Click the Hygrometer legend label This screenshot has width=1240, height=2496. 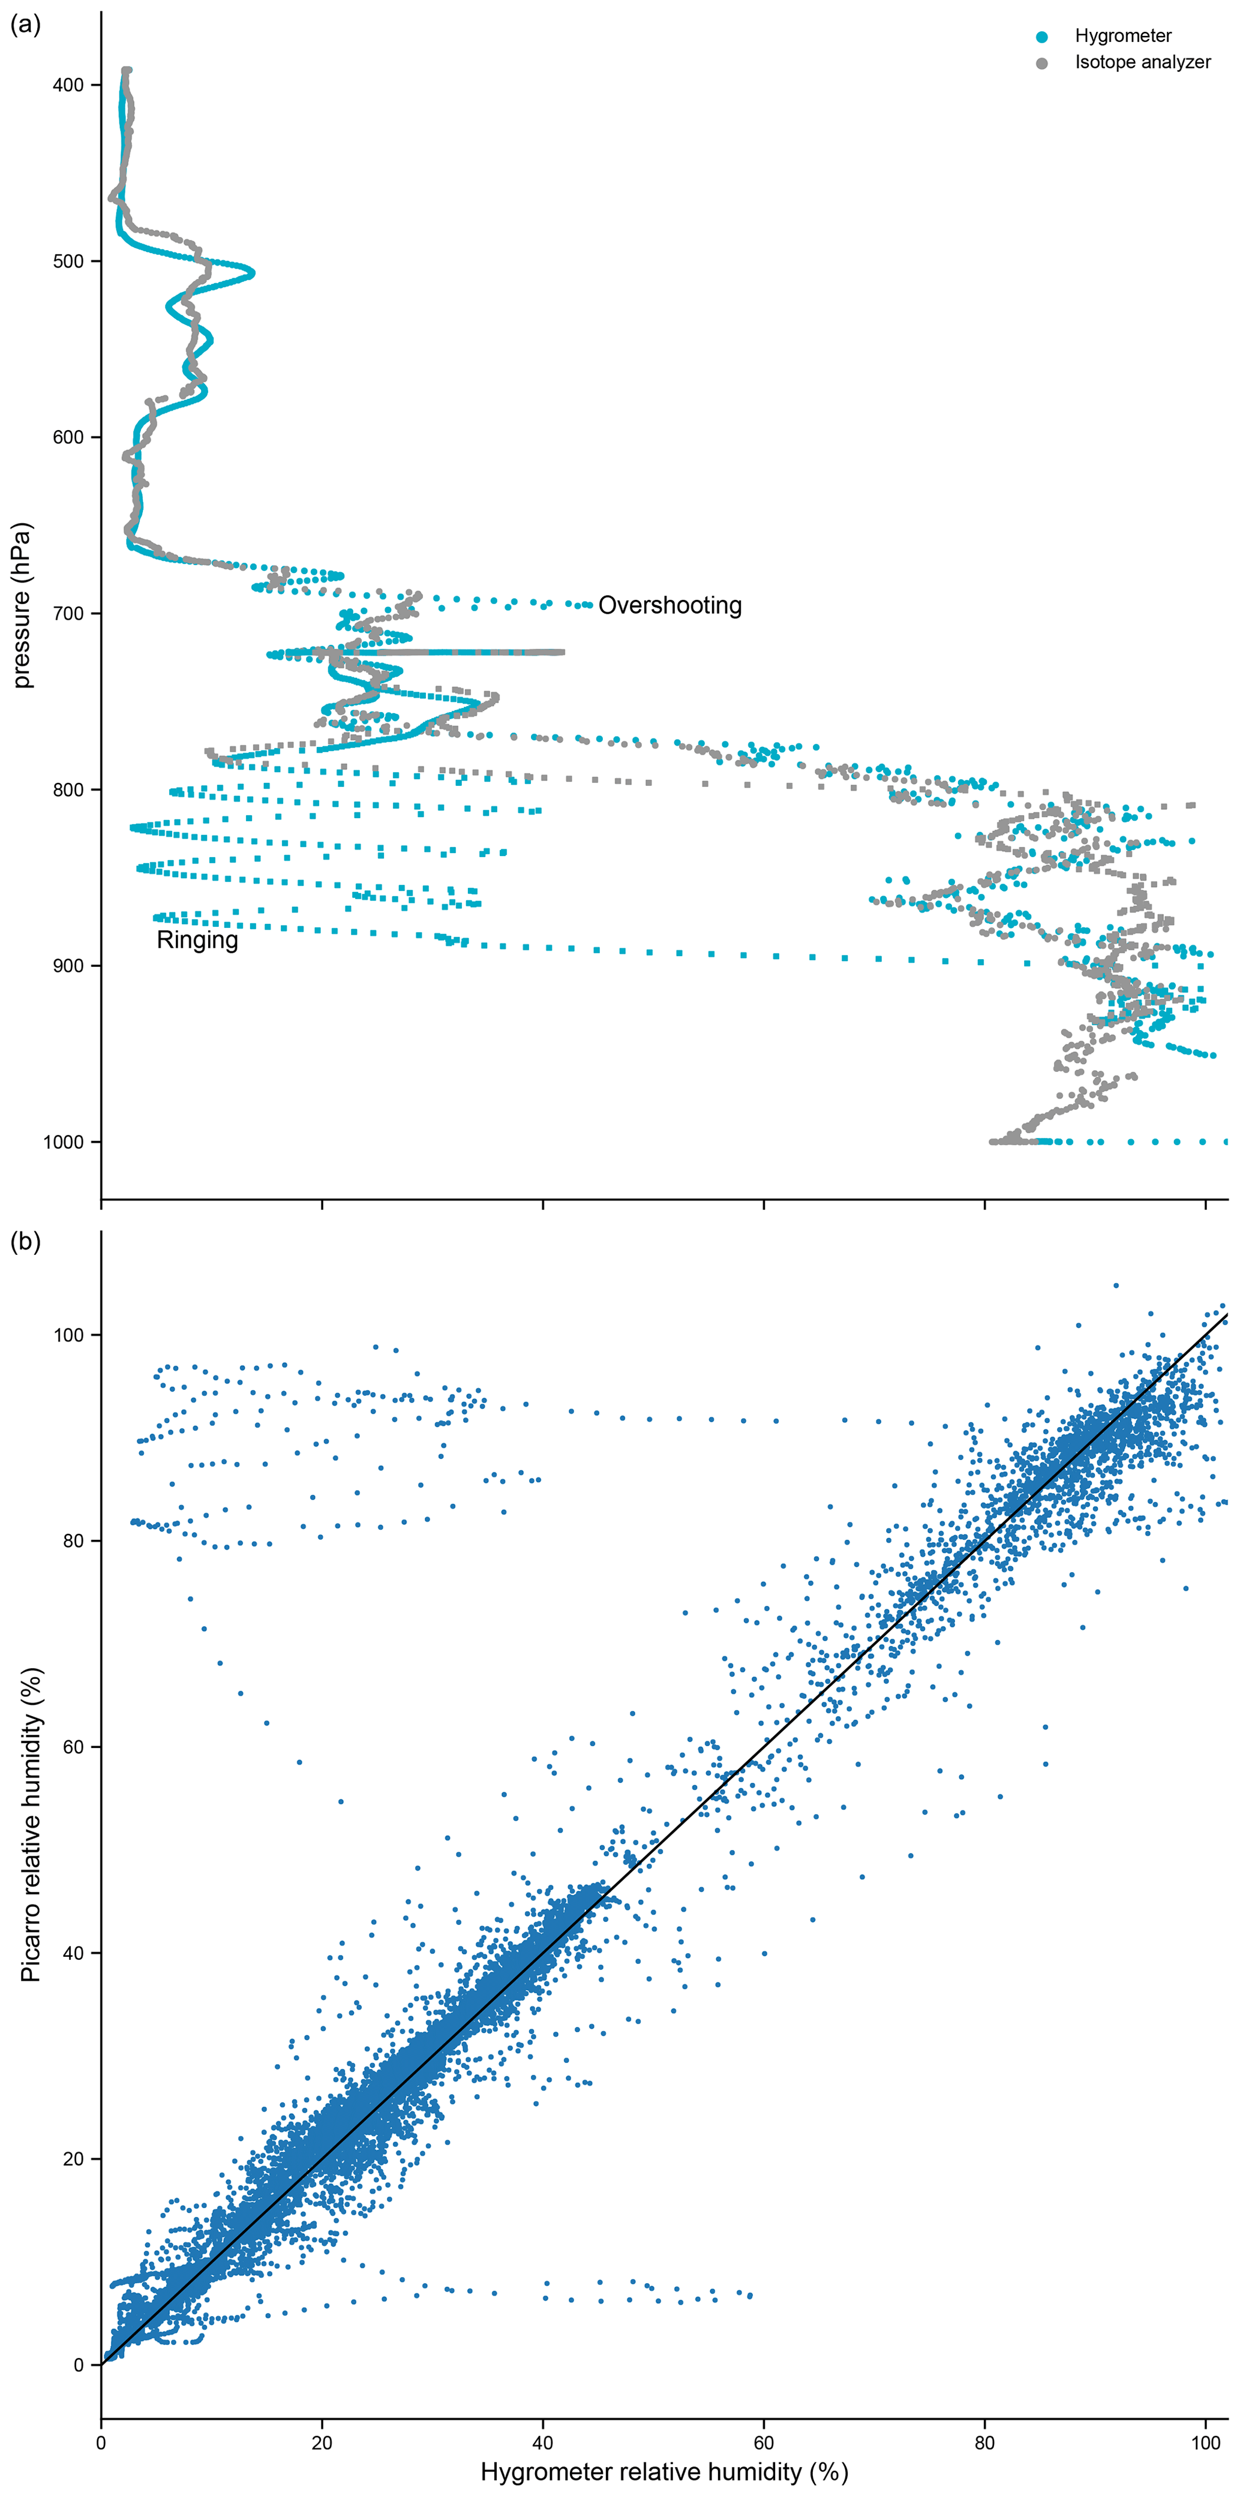pos(1123,36)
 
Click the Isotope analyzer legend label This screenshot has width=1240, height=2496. pos(1142,62)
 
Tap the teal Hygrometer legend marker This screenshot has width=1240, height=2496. pos(1041,37)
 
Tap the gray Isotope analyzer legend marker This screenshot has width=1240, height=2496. pos(1041,63)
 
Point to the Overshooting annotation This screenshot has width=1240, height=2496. pos(669,606)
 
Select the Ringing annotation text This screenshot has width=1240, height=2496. pos(197,940)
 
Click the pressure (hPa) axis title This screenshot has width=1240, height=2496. pos(22,606)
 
